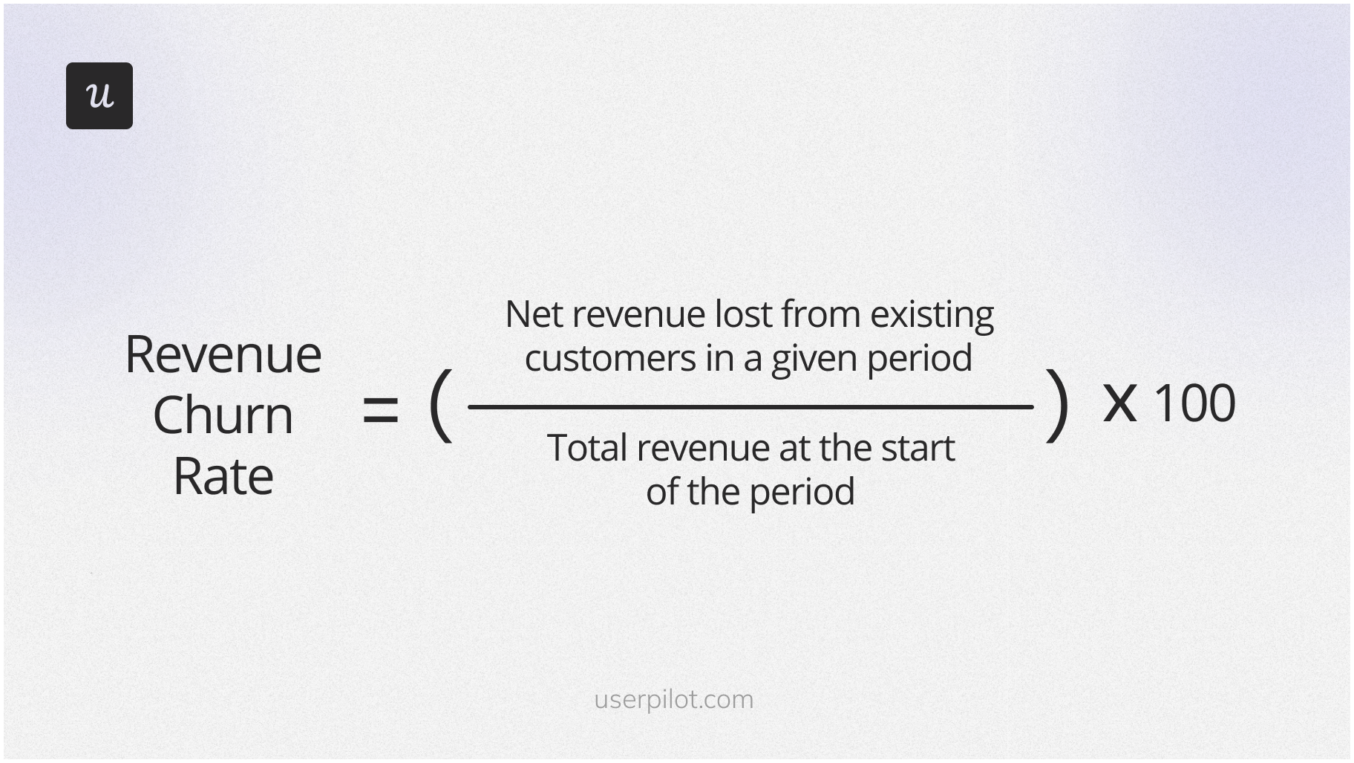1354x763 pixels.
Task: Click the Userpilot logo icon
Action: coord(99,96)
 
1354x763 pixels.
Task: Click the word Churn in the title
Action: coord(223,415)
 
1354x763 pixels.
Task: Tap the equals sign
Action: coord(380,411)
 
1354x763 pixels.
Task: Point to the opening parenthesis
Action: coord(440,406)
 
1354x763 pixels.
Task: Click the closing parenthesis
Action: coord(1057,406)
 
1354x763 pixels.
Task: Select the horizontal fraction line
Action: coord(750,406)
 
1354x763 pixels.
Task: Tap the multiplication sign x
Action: coord(1119,403)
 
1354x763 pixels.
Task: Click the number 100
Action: coord(1194,403)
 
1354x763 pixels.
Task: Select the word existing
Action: coord(932,315)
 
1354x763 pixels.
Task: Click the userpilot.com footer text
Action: coord(674,699)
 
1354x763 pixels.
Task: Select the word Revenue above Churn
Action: coord(223,354)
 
